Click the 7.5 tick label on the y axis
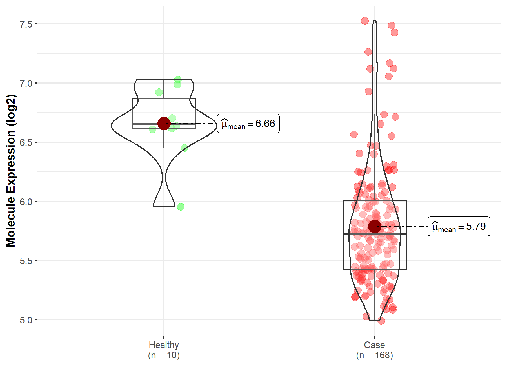point(26,24)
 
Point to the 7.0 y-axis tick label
point(26,84)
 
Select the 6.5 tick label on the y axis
point(26,143)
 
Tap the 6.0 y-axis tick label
point(26,202)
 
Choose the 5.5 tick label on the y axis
point(26,261)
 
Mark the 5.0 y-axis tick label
point(26,320)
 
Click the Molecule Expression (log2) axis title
point(11,171)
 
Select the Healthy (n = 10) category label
point(164,350)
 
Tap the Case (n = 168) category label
point(374,350)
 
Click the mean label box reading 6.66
point(248,124)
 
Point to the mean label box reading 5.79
point(459,226)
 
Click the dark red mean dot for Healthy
point(164,123)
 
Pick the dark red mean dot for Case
point(375,226)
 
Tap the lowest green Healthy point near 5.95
point(181,207)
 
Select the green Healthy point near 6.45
point(184,148)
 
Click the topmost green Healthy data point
point(178,79)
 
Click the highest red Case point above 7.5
point(365,21)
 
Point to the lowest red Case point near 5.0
point(381,321)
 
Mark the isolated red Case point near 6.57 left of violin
point(354,135)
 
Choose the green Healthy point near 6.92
point(159,92)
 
